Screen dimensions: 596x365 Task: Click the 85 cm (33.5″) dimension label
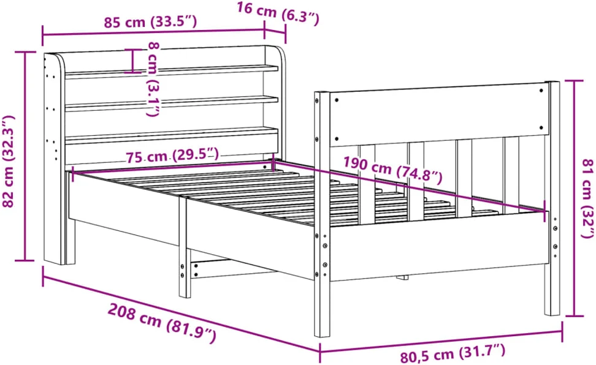click(150, 21)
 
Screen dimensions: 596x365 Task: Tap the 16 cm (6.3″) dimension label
click(278, 13)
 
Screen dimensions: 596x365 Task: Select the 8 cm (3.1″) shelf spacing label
click(153, 78)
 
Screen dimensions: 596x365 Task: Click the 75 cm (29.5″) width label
click(172, 156)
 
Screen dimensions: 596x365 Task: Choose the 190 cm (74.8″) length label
click(393, 170)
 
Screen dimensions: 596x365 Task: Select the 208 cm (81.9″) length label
click(162, 322)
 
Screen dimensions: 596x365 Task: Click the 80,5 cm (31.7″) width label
click(453, 352)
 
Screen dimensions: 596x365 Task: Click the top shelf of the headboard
click(172, 71)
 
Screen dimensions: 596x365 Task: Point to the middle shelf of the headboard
click(172, 103)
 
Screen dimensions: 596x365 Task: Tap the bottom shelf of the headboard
click(172, 135)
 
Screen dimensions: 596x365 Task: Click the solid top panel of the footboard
click(439, 115)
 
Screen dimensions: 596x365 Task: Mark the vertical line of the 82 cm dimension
click(25, 156)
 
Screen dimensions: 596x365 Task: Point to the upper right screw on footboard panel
click(541, 91)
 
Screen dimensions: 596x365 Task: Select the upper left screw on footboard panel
click(337, 100)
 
